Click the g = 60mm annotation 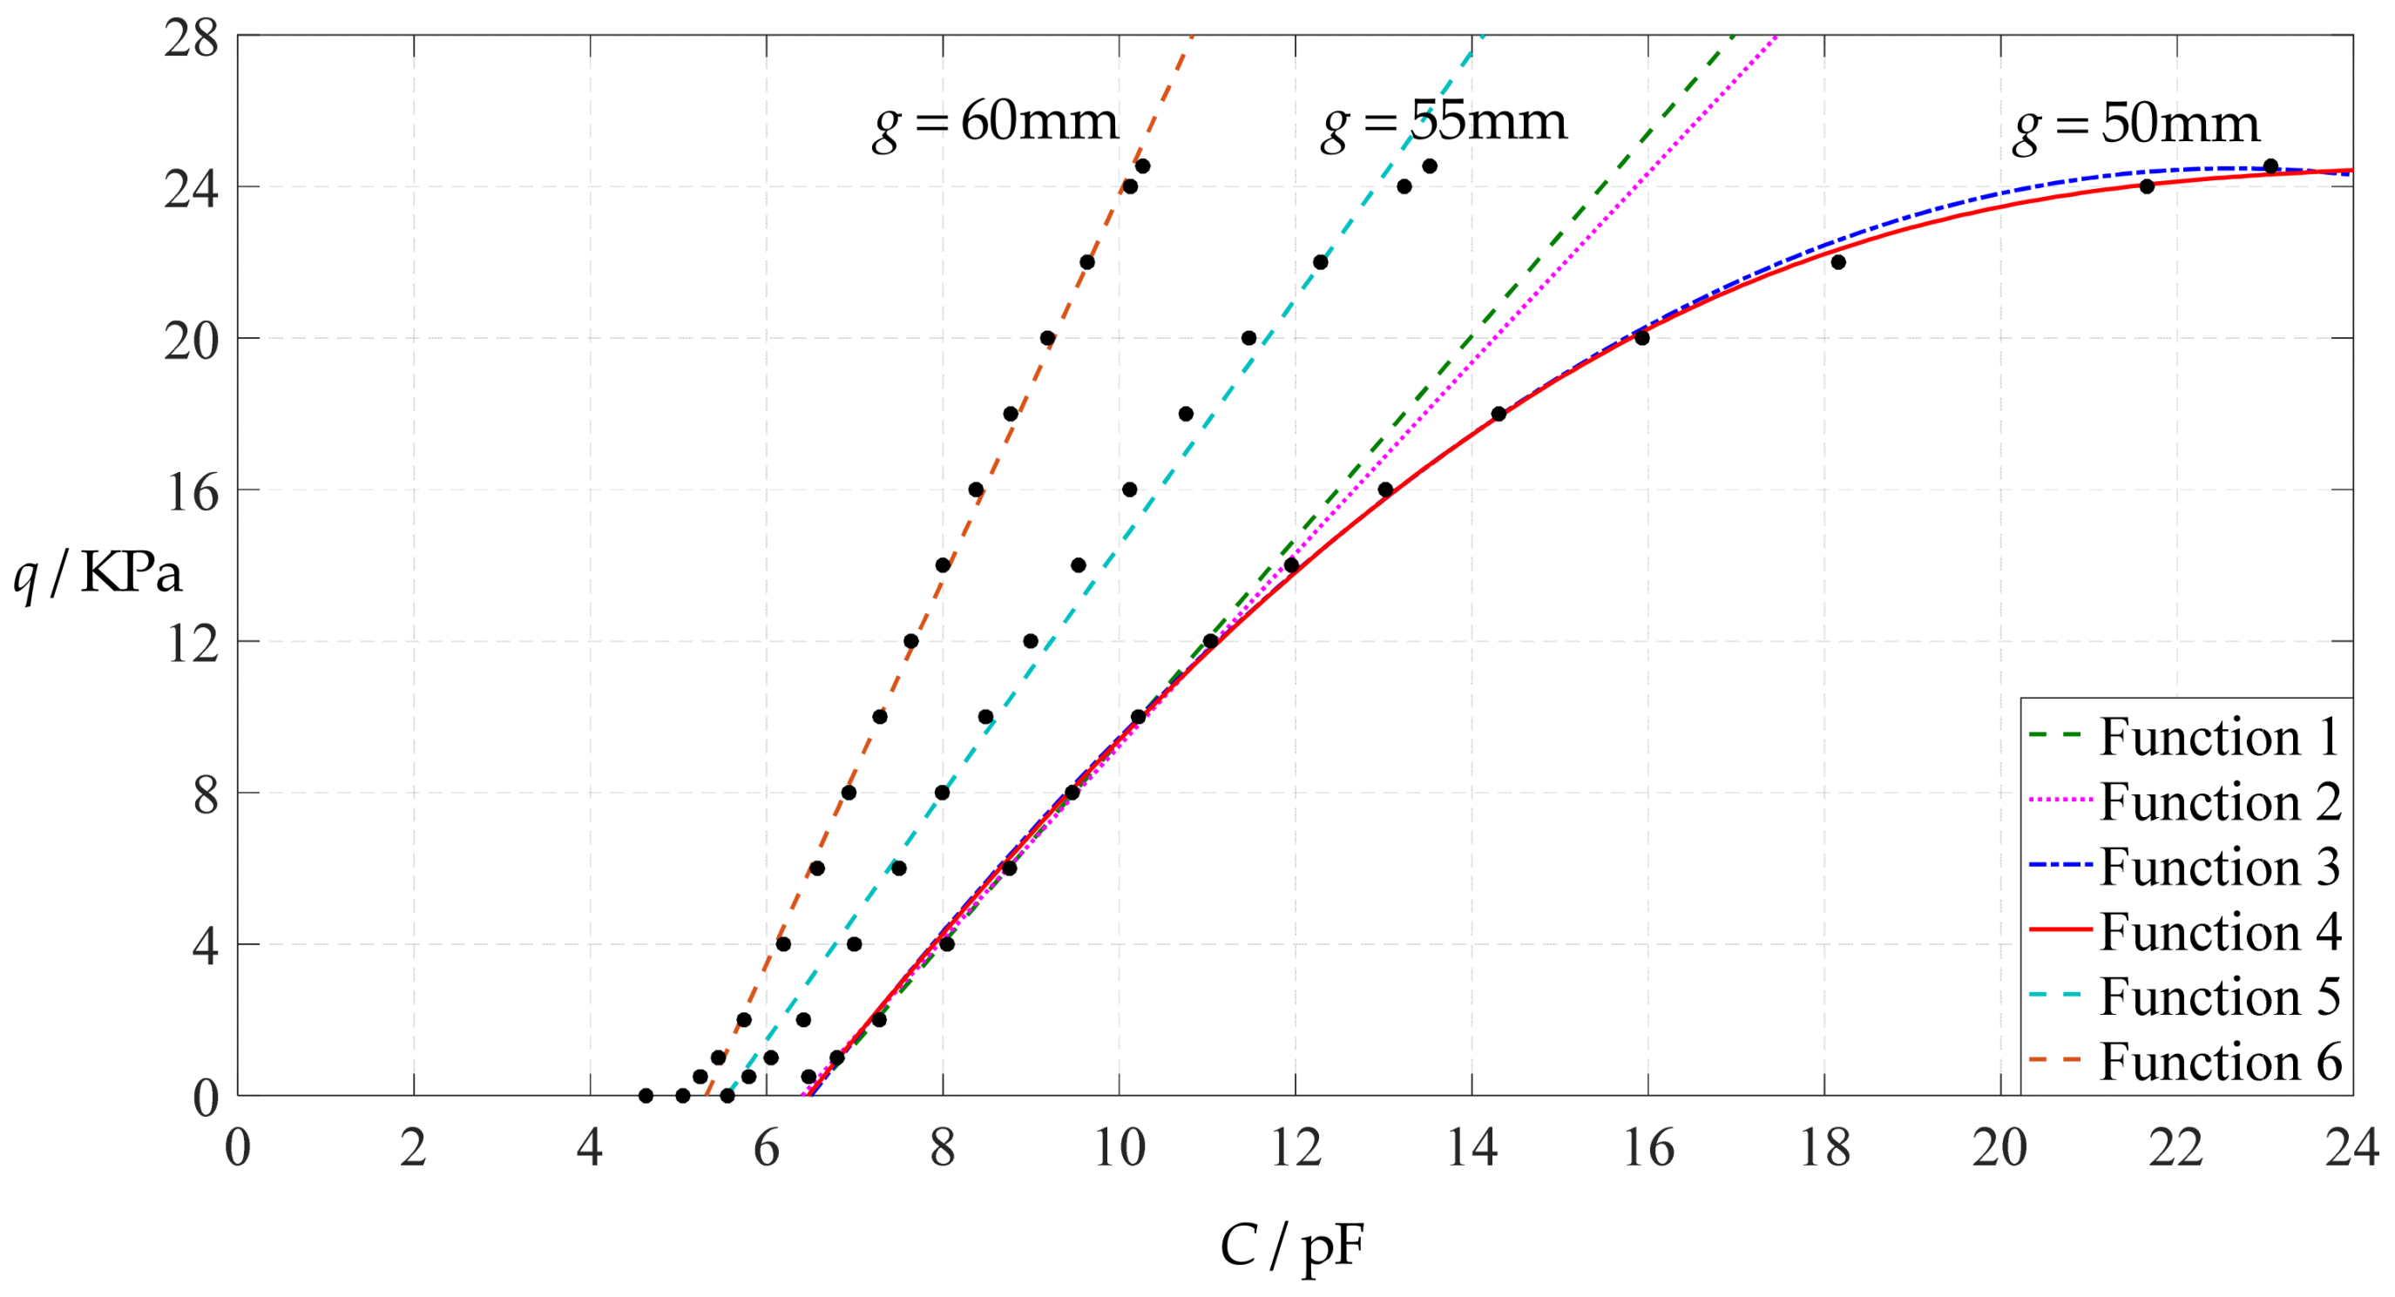(x=996, y=124)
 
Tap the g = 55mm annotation (x=1444, y=124)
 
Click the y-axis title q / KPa (x=98, y=574)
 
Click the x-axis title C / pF (x=1291, y=1246)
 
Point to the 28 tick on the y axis (x=192, y=39)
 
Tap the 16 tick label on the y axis (x=192, y=492)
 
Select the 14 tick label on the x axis (x=1472, y=1148)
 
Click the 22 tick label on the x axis (x=2176, y=1148)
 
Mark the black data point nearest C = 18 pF (x=1838, y=262)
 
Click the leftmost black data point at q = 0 (x=646, y=1096)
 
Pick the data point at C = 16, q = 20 (x=1642, y=337)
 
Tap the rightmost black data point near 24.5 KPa (x=2270, y=166)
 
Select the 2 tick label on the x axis (x=414, y=1148)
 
